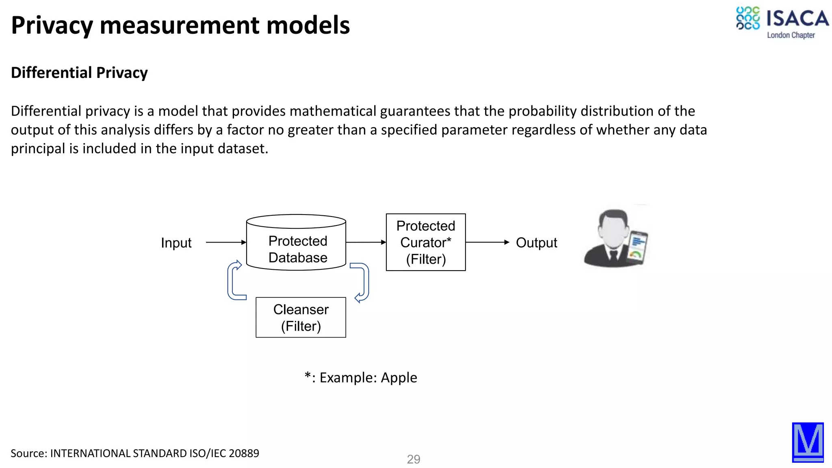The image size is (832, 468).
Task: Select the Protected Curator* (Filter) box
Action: tap(425, 242)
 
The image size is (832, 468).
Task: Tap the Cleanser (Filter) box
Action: tap(301, 317)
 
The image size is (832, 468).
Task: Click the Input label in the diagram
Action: tap(176, 243)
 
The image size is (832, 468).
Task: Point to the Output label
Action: tap(536, 243)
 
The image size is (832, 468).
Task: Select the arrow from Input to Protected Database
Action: tap(225, 242)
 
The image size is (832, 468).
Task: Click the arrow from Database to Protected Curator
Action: tap(366, 242)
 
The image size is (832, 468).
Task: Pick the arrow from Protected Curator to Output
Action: tap(487, 242)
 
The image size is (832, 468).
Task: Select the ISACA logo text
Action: tap(797, 19)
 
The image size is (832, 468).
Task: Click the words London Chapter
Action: tap(791, 35)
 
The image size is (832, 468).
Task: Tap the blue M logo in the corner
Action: tap(808, 442)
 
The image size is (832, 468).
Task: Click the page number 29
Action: tap(413, 459)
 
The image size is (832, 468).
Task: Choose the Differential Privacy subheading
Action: tap(79, 73)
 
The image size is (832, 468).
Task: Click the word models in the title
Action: tap(308, 25)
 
